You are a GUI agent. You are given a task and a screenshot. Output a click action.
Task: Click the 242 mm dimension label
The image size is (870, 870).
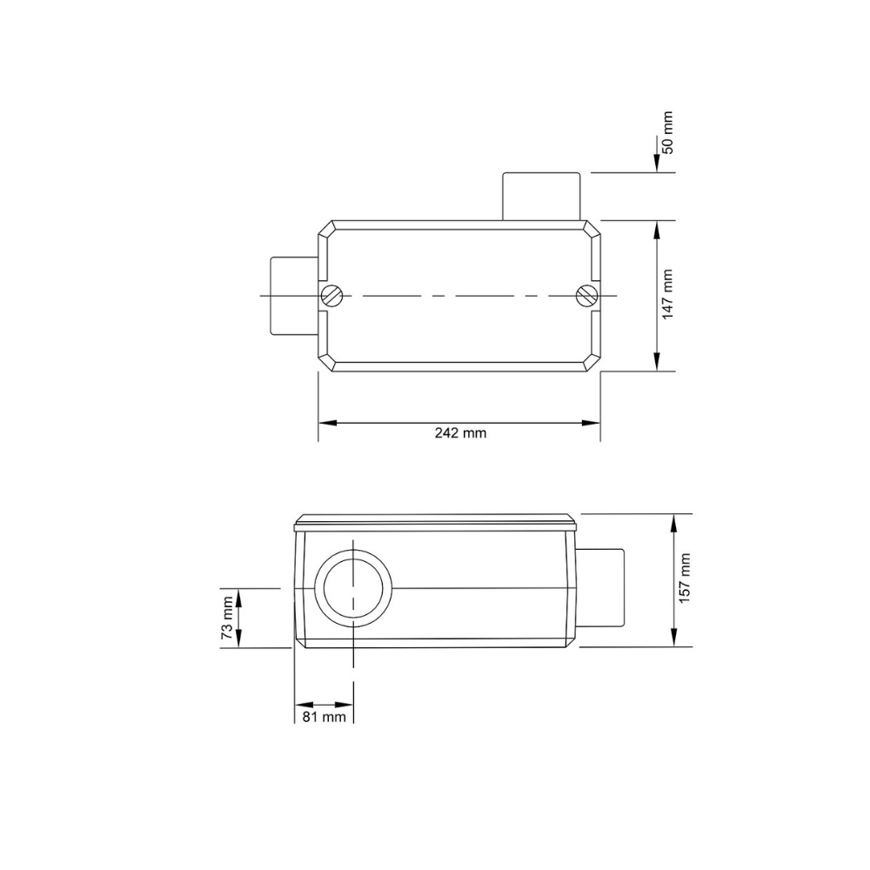tap(460, 433)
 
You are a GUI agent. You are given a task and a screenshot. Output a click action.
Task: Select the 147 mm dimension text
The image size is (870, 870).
tap(667, 294)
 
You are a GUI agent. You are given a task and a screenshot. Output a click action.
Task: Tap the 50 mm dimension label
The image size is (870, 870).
tap(667, 132)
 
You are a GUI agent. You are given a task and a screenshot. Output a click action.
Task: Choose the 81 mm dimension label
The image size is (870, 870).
tap(323, 717)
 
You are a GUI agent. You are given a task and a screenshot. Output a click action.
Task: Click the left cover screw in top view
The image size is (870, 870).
tap(331, 296)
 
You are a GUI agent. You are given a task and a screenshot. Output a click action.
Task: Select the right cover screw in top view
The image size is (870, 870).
tap(586, 296)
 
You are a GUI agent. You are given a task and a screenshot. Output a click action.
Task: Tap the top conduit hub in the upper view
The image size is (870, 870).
tap(540, 196)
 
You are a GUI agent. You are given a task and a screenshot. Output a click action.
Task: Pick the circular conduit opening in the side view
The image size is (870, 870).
tap(354, 589)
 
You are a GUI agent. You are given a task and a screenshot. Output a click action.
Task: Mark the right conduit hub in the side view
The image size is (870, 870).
tap(600, 587)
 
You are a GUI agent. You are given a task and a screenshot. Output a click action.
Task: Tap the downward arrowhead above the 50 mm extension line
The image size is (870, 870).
tap(655, 165)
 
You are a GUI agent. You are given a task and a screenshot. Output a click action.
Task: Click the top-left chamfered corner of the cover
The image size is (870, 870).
tap(326, 229)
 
